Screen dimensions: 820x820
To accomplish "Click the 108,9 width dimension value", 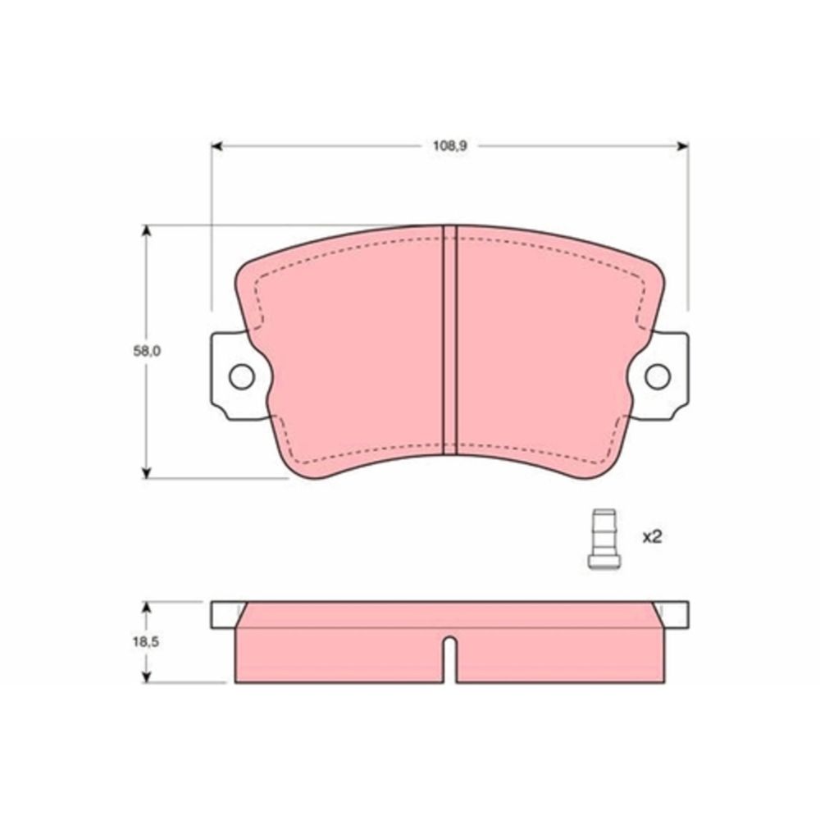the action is tap(449, 146).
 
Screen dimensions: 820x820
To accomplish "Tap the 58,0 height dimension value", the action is tap(147, 351).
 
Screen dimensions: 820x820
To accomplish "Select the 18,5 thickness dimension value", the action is tap(145, 642).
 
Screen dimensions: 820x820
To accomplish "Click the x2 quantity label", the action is tap(652, 536).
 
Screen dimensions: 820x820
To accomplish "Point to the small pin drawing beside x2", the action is tap(604, 539).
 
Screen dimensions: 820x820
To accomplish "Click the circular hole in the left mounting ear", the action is tap(242, 376).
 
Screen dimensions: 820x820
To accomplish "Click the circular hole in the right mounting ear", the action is tap(658, 376).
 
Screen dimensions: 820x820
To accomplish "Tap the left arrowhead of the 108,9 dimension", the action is tap(217, 146).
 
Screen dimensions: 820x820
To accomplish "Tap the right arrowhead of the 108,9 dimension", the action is tap(682, 146).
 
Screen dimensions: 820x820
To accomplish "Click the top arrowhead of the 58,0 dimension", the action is tap(147, 231).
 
